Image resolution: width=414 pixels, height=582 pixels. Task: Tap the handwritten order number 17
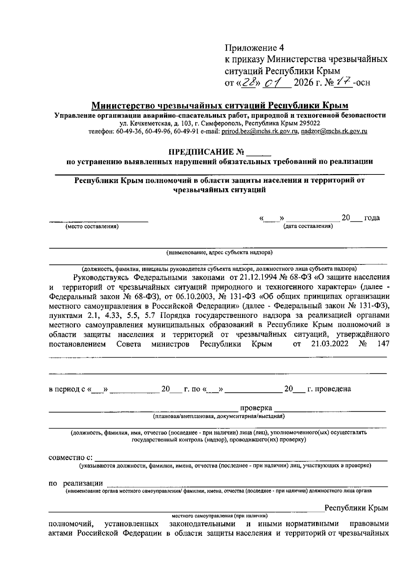click(x=345, y=82)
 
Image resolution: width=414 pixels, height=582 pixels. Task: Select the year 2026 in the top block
click(x=305, y=83)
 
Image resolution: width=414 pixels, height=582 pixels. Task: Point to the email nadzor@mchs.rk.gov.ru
click(x=334, y=131)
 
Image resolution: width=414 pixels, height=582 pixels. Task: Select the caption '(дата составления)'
click(x=308, y=227)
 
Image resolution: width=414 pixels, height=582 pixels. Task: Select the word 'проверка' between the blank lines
click(x=256, y=408)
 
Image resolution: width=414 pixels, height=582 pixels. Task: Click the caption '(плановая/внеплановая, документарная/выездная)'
click(x=219, y=417)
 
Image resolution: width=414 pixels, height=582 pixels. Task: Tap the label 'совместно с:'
click(x=70, y=458)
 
